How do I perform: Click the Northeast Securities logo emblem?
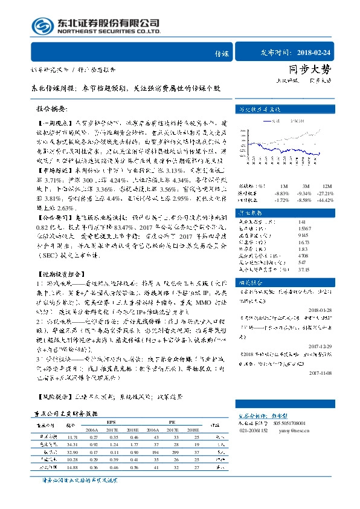coord(42,27)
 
